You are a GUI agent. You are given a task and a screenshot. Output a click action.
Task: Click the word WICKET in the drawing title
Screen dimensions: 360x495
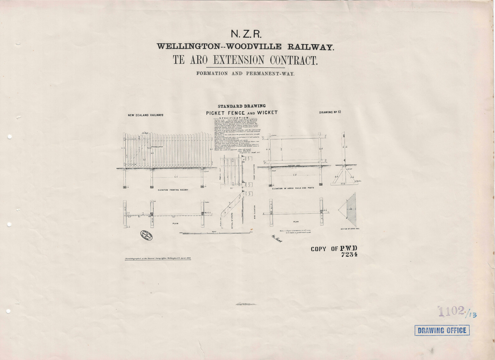(x=267, y=113)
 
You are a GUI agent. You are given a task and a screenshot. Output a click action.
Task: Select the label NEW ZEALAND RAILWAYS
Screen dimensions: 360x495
(x=145, y=115)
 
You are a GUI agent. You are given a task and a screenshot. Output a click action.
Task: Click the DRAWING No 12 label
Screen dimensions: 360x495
(x=330, y=112)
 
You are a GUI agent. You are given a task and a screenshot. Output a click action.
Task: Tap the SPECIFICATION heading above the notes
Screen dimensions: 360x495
(x=239, y=118)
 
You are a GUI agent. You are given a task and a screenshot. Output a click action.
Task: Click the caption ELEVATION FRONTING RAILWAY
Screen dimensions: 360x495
(x=173, y=190)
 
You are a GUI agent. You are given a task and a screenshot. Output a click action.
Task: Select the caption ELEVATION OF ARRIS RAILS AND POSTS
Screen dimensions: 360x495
(x=293, y=188)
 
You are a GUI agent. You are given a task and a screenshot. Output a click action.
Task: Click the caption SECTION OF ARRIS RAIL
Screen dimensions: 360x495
(x=350, y=229)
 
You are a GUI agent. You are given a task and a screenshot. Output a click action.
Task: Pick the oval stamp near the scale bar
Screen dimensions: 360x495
(x=146, y=235)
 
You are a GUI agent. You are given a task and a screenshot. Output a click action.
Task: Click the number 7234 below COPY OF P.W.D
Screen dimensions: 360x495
(x=349, y=254)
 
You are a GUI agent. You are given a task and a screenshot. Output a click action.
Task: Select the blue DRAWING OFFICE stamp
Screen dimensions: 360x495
(x=442, y=330)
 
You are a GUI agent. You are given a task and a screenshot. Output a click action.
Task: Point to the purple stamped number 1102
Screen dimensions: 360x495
(x=451, y=311)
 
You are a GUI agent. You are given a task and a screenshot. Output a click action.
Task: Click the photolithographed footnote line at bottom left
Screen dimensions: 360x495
(x=158, y=259)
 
